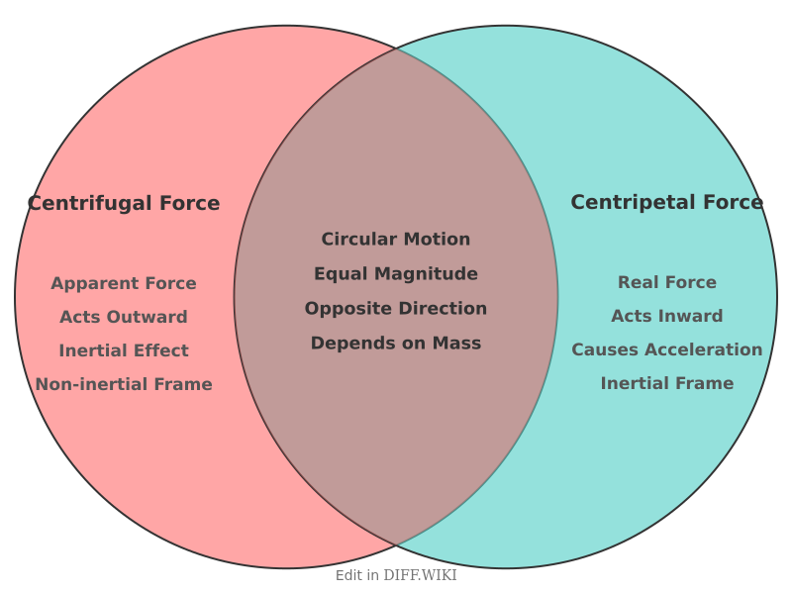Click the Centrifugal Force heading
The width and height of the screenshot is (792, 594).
124,204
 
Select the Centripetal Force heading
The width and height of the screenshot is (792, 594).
666,203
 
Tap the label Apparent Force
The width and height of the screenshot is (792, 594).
124,284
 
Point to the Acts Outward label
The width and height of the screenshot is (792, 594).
124,318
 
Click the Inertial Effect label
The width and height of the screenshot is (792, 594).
124,351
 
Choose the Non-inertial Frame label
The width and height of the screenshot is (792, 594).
124,385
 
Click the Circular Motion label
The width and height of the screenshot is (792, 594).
396,240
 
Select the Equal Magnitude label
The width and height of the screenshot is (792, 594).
396,274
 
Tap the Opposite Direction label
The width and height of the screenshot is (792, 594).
396,309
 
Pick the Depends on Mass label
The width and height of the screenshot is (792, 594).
396,344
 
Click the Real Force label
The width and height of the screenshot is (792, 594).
667,283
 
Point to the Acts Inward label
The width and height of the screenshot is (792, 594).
667,317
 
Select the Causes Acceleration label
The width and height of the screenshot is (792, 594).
667,350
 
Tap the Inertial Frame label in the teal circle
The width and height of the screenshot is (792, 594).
667,384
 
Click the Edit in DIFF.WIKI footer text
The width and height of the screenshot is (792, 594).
396,575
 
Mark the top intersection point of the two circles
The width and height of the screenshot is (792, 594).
396,48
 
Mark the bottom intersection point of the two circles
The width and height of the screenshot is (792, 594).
396,545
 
